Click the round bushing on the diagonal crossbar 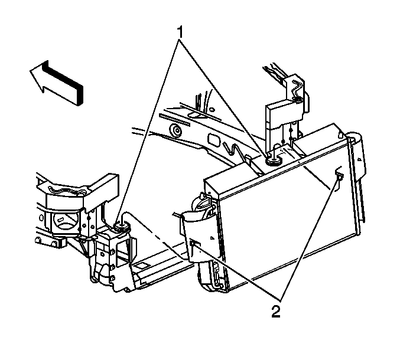175,130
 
